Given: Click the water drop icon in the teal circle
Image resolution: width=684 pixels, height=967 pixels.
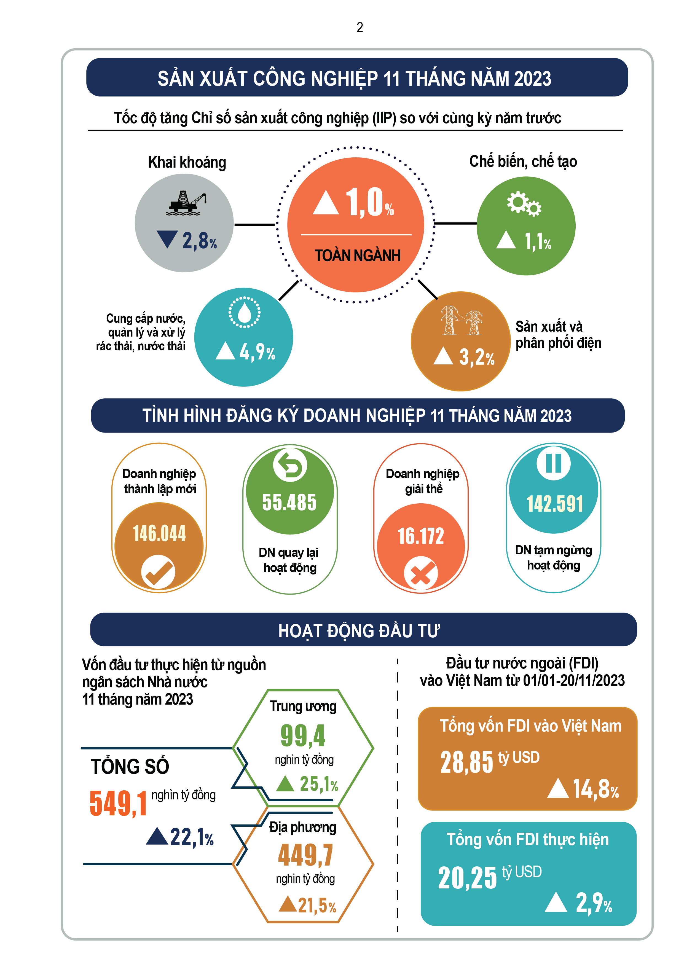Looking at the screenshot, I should pyautogui.click(x=244, y=312).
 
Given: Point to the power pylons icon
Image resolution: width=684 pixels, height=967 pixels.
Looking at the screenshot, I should pyautogui.click(x=462, y=321).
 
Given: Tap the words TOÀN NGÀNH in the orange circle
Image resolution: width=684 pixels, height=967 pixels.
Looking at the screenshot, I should pyautogui.click(x=357, y=256).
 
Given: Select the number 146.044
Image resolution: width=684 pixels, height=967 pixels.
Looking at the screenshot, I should pyautogui.click(x=159, y=534).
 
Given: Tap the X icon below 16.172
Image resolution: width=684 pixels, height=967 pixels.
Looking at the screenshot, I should pyautogui.click(x=421, y=573).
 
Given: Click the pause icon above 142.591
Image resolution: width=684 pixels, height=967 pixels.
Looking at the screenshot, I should pyautogui.click(x=553, y=463).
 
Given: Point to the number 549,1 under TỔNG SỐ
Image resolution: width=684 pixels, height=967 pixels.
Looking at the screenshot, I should pyautogui.click(x=118, y=804).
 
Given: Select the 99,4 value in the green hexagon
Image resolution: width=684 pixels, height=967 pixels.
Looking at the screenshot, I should pyautogui.click(x=303, y=735).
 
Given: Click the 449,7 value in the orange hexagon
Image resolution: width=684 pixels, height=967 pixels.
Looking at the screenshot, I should pyautogui.click(x=305, y=855).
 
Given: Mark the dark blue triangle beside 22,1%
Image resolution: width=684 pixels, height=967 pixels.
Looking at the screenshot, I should pyautogui.click(x=157, y=836).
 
